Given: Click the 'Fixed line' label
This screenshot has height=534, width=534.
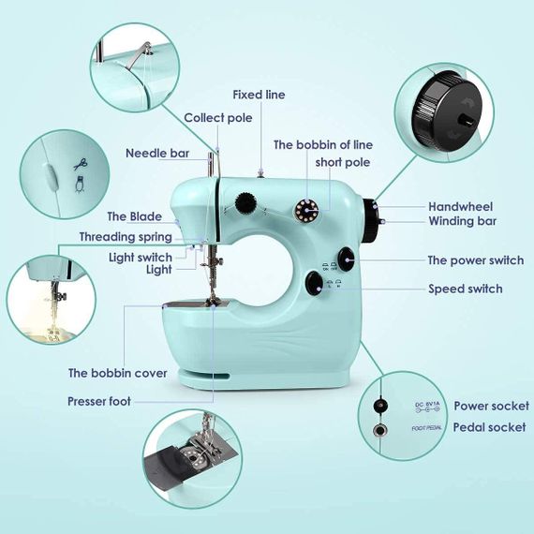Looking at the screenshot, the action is coord(259,95).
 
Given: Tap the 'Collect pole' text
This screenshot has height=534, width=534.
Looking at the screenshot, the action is coord(218,118).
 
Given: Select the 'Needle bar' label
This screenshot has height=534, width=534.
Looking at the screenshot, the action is coord(157,154).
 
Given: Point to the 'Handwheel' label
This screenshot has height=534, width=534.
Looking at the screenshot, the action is coord(460,206).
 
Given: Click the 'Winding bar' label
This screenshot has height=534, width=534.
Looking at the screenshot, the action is coord(463,221).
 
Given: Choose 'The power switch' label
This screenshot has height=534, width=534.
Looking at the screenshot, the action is coord(476,260).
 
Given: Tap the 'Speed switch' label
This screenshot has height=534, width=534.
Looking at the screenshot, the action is coord(466,289).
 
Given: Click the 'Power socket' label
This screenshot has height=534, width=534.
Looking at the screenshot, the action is coord(492,406).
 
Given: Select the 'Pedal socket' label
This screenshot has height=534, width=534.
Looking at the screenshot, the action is coord(489,427).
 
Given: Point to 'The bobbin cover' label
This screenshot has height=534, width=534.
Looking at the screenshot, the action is coord(117,373).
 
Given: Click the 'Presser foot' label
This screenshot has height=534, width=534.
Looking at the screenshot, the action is coord(99,401).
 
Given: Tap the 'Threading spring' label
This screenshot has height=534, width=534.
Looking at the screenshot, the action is coord(126,237).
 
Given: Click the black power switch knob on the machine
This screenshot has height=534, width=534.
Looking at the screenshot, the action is coord(347,260).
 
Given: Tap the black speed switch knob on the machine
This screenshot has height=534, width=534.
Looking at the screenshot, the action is coord(315,283).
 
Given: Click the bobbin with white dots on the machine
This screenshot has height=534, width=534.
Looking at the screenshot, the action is coord(306,210).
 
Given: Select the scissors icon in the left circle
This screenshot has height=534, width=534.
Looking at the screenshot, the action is coord(81,164).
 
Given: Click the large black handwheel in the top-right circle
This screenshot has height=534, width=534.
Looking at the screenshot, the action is coord(447,112).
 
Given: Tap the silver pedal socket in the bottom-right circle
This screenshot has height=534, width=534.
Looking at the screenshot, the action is coord(379,430).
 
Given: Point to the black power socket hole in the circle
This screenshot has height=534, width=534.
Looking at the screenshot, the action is coord(379,406).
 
